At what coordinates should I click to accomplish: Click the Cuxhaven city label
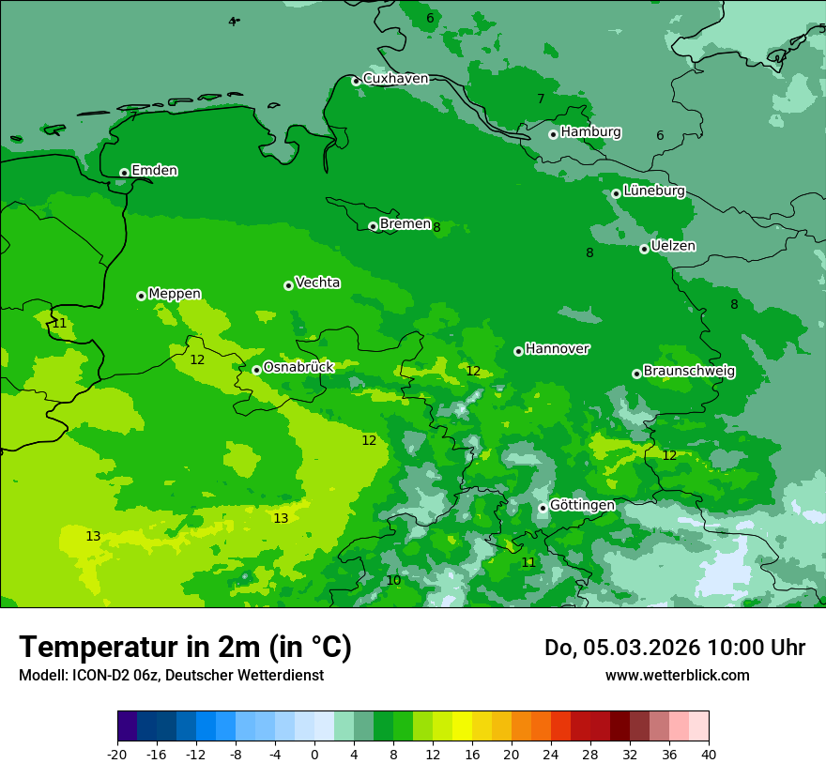tap(395, 79)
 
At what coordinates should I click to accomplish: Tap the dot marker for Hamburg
tap(553, 134)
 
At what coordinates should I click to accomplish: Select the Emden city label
tap(154, 171)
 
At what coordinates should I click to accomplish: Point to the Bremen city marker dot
tap(373, 226)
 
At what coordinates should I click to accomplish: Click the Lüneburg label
tap(653, 191)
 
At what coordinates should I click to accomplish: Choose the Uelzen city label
tap(673, 246)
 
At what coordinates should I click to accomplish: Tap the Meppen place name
tap(175, 294)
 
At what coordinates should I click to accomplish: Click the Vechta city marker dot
tap(288, 285)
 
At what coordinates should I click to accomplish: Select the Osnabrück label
tap(298, 367)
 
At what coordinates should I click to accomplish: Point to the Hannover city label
tap(558, 349)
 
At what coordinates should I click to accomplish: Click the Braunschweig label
tap(689, 371)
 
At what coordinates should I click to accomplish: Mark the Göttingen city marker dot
tap(543, 508)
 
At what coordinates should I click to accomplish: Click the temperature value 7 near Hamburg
tap(541, 99)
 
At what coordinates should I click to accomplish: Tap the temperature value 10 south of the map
tap(393, 581)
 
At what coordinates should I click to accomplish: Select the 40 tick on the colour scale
tap(708, 754)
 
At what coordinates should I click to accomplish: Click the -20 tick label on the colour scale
tap(117, 754)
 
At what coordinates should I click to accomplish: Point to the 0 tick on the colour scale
tap(314, 754)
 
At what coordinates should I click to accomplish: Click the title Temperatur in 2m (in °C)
tap(186, 647)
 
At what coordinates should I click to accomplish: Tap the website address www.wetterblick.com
tap(677, 675)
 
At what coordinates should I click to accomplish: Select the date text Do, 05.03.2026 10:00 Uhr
tap(675, 648)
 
